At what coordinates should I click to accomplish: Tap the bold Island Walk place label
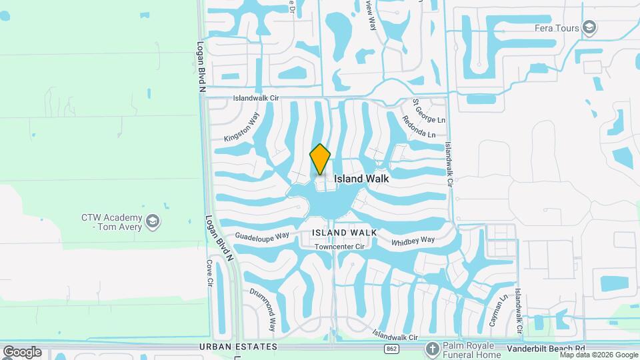[x=361, y=179]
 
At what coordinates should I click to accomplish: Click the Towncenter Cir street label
[x=341, y=246]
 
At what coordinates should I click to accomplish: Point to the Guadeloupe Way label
[x=262, y=236]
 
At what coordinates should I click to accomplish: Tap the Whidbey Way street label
[x=413, y=240]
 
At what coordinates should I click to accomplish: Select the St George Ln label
[x=428, y=111]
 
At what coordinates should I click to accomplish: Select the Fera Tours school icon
[x=589, y=27]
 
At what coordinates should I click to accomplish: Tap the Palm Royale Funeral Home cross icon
[x=433, y=349]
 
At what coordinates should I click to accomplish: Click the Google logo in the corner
[x=21, y=352]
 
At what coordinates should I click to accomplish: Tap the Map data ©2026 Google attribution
[x=599, y=355]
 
